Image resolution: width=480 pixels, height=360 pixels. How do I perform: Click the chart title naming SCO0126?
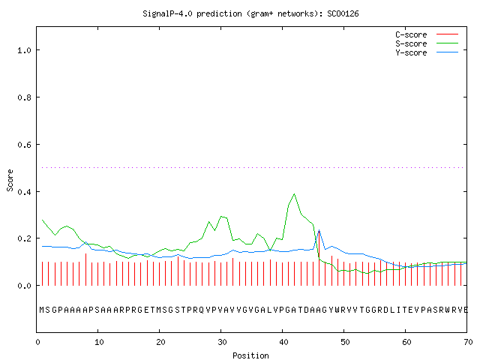point(250,13)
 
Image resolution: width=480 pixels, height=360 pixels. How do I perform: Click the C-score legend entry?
point(427,34)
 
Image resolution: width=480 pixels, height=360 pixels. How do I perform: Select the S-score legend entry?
point(427,43)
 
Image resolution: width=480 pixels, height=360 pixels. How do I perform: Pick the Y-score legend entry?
point(427,52)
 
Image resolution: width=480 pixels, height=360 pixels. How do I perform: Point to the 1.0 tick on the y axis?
point(24,50)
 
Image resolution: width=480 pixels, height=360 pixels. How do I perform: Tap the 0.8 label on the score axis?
point(24,97)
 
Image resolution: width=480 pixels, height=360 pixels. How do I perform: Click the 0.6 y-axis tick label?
point(24,145)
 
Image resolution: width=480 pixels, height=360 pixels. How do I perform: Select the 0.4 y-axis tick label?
point(24,192)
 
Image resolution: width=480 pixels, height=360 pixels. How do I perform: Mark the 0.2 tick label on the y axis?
point(24,238)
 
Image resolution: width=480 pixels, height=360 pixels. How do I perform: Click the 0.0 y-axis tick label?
point(24,286)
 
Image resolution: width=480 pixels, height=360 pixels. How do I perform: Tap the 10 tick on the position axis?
point(99,342)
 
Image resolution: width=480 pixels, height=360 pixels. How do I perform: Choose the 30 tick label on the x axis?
point(222,342)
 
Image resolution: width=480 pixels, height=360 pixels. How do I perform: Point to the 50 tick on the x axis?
point(345,342)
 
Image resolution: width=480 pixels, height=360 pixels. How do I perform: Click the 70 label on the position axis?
point(468,342)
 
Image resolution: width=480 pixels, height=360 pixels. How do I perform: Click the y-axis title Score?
point(10,180)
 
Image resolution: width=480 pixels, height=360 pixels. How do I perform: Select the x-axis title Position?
point(250,355)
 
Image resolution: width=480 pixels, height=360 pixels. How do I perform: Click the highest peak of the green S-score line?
point(294,193)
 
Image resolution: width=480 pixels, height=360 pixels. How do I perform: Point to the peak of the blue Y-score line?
point(319,230)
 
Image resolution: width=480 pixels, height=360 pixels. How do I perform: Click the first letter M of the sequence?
point(42,310)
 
